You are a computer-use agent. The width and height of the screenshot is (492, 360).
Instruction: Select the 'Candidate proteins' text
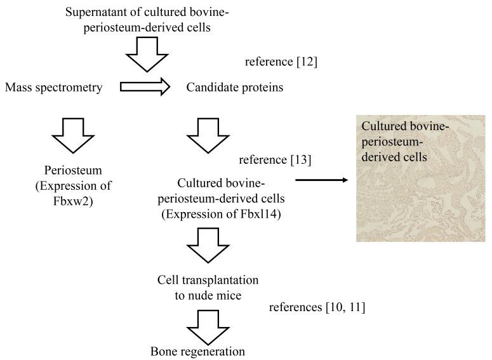234,88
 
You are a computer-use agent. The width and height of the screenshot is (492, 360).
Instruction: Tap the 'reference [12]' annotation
281,62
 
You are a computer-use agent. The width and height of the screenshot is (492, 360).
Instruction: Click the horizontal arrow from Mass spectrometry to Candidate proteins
145,87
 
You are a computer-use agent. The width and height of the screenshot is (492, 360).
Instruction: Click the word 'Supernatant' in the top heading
96,11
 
